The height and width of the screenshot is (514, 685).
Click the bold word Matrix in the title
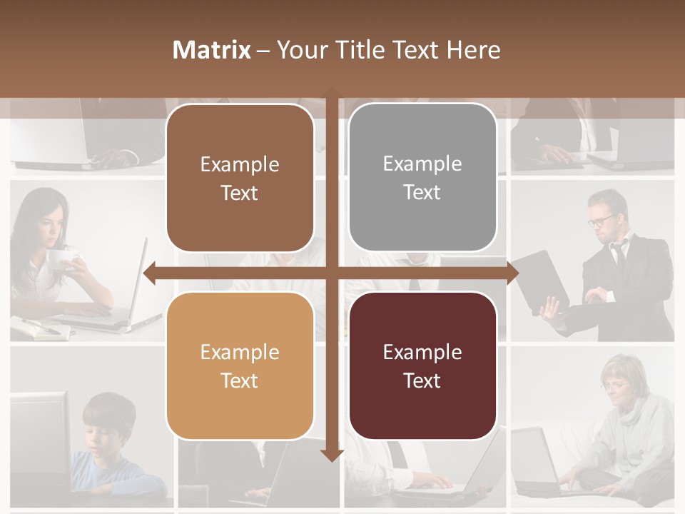pos(211,50)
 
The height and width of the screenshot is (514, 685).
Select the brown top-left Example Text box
pos(240,178)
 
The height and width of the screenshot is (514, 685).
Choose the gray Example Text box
pos(422,178)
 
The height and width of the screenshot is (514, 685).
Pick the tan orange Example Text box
pos(240,366)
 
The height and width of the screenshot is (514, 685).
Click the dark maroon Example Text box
pos(422,366)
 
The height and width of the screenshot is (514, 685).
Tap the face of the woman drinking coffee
pos(51,227)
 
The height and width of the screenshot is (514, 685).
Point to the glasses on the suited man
pos(601,220)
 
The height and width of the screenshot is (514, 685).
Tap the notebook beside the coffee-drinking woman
pos(39,329)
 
